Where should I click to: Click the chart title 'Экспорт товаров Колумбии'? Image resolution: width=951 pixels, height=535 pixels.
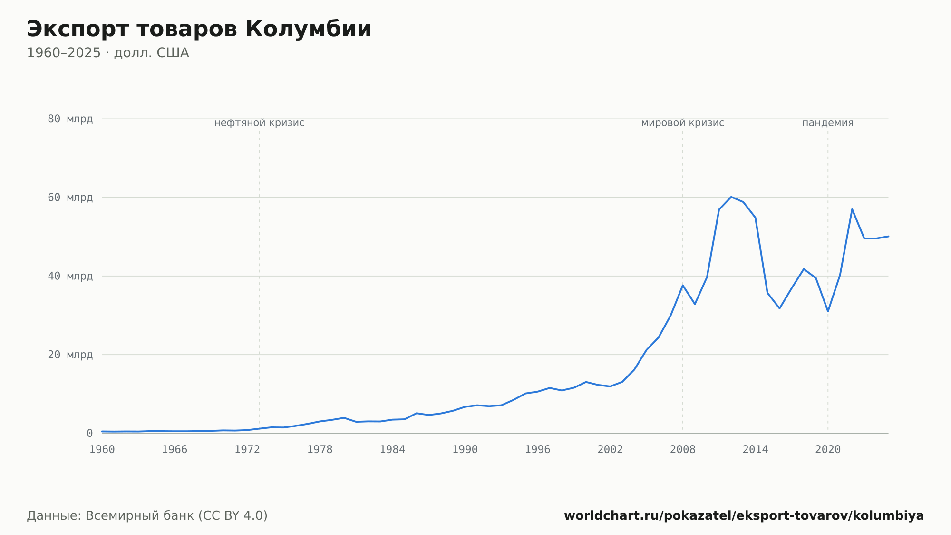coord(199,30)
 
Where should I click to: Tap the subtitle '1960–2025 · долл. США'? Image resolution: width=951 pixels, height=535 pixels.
coord(108,53)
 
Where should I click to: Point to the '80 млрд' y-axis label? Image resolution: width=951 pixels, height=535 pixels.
coord(70,119)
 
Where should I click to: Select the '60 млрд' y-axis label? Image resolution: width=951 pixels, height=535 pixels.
coord(70,198)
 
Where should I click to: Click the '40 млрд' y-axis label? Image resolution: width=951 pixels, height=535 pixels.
coord(70,276)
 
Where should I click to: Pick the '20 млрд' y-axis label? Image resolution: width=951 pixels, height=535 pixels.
coord(70,355)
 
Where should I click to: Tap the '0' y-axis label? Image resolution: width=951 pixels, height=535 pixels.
coord(90,433)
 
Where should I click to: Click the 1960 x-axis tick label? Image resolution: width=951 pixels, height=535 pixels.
coord(102,450)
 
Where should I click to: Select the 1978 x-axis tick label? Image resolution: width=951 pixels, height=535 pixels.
coord(320,450)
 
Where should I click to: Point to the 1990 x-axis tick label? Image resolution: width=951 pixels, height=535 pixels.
coord(465,450)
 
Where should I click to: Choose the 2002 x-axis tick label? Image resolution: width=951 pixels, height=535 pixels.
coord(610,450)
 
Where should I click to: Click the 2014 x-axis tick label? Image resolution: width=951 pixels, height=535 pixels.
coord(756,450)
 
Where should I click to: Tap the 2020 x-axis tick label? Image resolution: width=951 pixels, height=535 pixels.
coord(828,450)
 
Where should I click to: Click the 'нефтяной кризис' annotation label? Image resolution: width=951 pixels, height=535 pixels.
coord(259,123)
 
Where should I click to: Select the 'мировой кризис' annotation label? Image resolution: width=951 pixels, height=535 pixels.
coord(683,123)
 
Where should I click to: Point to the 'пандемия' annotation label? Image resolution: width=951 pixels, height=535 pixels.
coord(828,123)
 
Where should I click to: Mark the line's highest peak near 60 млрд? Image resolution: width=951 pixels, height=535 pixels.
coord(731,197)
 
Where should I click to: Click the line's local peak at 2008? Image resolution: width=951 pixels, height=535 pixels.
coord(683,285)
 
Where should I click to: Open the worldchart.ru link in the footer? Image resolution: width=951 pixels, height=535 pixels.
coord(744,515)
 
